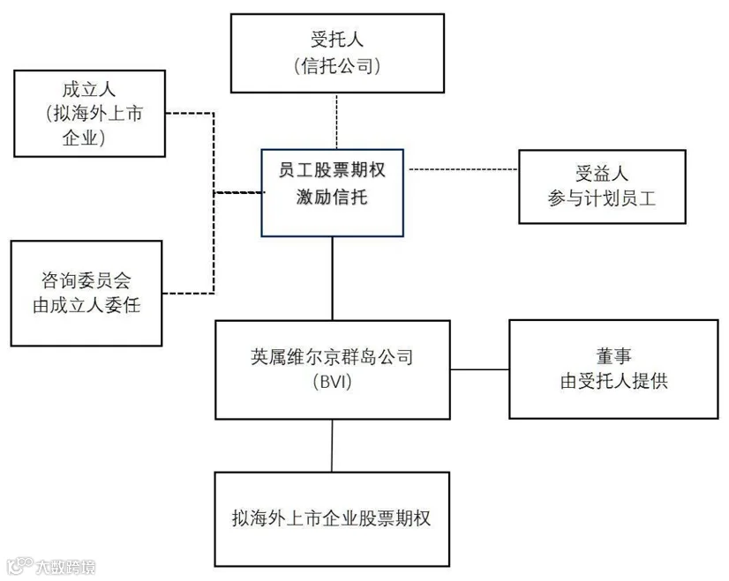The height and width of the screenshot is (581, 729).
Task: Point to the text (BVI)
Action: point(333,382)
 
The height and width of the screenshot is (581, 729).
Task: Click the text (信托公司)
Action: point(337,66)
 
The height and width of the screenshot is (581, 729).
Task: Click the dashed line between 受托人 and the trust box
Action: point(336,121)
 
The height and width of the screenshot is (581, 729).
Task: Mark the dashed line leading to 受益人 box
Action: point(463,169)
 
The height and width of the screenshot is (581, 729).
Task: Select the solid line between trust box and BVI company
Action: point(333,279)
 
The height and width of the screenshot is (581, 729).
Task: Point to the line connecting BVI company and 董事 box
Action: point(480,369)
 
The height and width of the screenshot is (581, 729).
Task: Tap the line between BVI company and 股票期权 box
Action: point(332,446)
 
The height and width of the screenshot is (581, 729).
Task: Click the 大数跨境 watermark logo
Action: point(51,567)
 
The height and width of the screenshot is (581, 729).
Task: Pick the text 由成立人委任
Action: point(86,306)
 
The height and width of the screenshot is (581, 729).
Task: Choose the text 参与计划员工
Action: point(602,198)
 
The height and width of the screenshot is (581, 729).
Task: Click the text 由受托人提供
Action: point(614,381)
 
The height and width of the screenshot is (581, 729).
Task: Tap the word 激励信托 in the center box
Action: point(332,197)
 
